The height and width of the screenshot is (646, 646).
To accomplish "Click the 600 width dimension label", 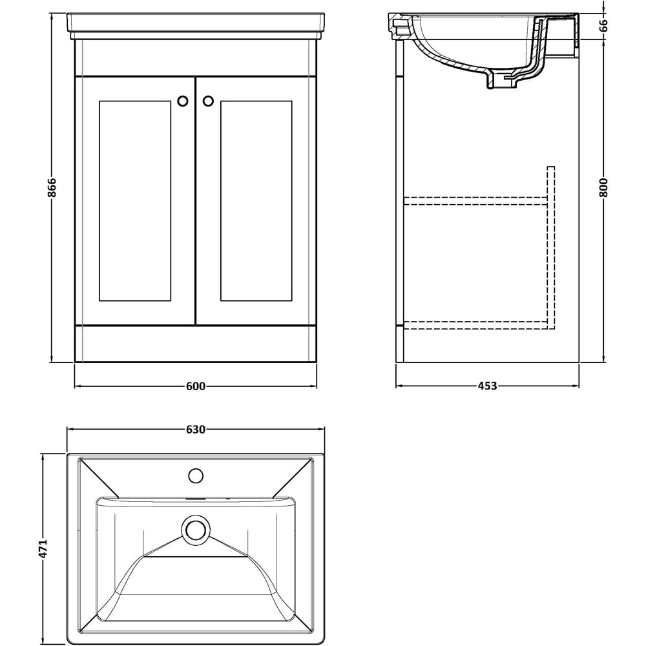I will coord(195,386).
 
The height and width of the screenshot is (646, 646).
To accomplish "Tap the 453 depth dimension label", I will coord(487,386).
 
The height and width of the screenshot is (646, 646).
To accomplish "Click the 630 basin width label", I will coord(195,429).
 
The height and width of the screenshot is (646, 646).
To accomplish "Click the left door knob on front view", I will coord(183,101).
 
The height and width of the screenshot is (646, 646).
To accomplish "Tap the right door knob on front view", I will coord(207,101).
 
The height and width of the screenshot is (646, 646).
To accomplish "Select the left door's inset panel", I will coord(135,200).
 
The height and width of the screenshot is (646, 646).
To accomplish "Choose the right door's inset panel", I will coord(256,200).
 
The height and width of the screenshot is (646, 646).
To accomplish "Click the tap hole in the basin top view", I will coord(195,477).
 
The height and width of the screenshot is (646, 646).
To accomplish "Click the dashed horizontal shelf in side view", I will coord(475,201).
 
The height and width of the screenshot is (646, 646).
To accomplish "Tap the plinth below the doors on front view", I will coord(195,344).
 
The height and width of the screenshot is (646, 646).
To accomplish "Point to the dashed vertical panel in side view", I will coord(551,245).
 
